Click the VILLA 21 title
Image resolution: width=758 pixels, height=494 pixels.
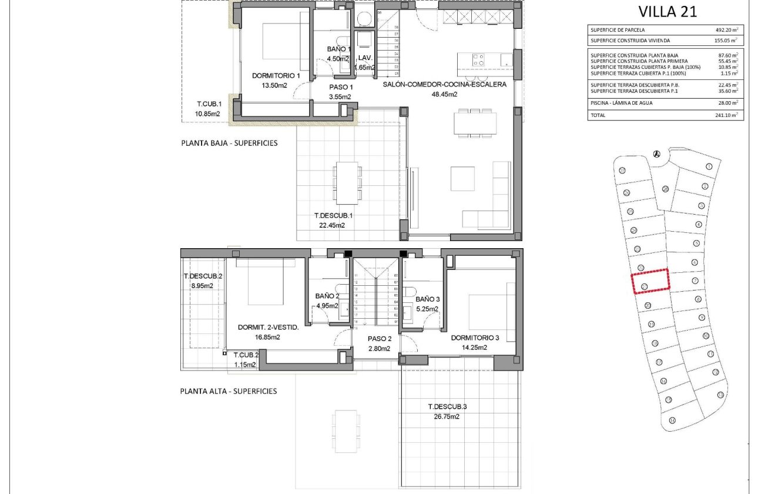667,12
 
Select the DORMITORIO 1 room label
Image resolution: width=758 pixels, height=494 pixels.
276,76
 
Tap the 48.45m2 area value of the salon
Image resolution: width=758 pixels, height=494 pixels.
444,94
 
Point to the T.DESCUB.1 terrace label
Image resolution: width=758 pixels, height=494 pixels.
333,215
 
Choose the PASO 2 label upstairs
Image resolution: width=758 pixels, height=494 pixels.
379,339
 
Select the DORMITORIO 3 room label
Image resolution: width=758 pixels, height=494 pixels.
475,338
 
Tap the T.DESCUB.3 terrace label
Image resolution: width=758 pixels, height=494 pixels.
447,406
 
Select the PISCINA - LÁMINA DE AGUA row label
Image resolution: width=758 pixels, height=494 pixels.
622,103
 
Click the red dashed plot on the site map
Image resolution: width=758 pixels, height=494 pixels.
650,281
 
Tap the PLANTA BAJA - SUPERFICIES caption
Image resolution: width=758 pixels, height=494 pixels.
229,143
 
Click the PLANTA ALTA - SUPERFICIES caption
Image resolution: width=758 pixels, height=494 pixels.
229,391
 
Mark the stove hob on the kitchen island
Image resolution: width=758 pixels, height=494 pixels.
478,59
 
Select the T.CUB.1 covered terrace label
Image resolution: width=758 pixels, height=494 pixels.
208,105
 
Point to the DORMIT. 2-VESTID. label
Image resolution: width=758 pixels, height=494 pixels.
268,328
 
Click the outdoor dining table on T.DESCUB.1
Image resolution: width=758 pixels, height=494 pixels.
346,182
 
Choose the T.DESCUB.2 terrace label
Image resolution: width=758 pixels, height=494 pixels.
203,276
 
